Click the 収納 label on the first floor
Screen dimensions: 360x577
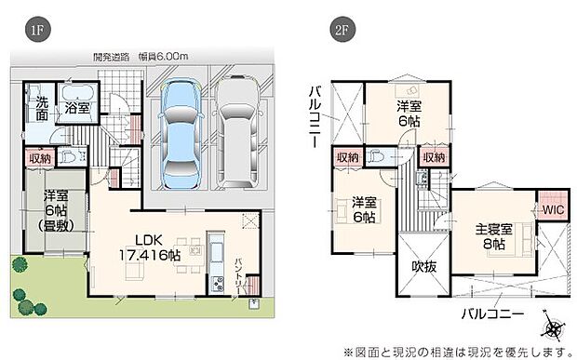tap(40, 158)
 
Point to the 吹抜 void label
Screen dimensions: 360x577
tap(424, 266)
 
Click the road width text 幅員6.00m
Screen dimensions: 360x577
tap(167, 57)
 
